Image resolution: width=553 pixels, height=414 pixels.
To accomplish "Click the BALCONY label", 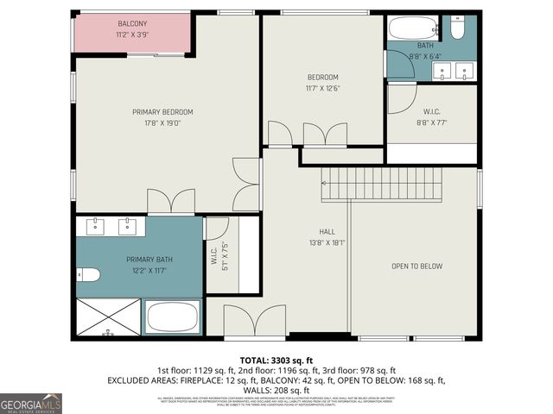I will (133, 23).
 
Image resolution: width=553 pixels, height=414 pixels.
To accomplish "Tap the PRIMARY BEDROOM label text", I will (162, 112).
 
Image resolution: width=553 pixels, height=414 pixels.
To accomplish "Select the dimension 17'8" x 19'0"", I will (162, 123).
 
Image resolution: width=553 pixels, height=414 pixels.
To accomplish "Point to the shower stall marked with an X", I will (108, 317).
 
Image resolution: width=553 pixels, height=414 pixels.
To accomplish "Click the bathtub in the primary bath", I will (173, 317).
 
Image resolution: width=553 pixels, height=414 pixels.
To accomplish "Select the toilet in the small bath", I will (458, 29).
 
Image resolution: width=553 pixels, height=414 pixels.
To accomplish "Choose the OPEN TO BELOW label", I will (416, 267).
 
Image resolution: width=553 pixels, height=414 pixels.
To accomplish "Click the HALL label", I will (327, 232).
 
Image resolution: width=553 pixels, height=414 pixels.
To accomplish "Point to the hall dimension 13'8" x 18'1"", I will (327, 243).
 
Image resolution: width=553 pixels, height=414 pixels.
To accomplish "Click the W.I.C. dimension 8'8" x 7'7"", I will (432, 122).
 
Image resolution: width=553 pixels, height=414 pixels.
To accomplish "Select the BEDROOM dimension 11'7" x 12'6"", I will (323, 87).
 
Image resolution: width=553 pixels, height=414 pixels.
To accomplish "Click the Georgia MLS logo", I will (31, 403).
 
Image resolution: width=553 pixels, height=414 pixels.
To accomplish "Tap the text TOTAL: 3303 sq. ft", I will (276, 359).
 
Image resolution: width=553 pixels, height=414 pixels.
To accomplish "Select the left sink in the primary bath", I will (94, 227).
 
